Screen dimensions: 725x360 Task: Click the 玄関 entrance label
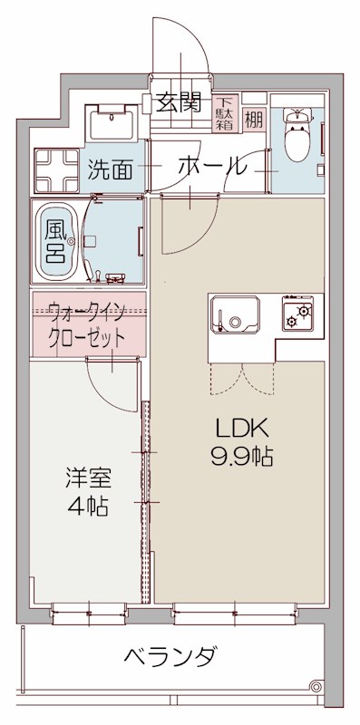tap(178, 102)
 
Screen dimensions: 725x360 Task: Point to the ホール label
tap(210, 166)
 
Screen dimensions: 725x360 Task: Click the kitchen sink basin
tap(235, 320)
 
